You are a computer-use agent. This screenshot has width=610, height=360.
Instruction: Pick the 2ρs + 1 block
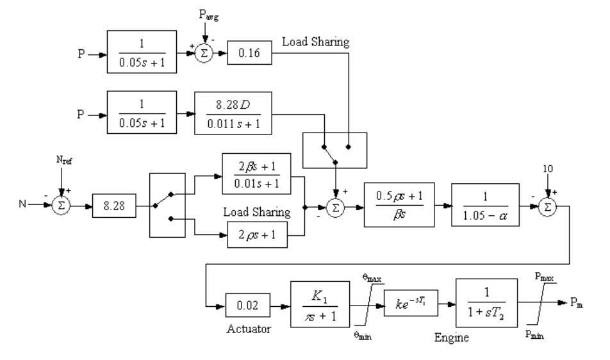pos(255,236)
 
